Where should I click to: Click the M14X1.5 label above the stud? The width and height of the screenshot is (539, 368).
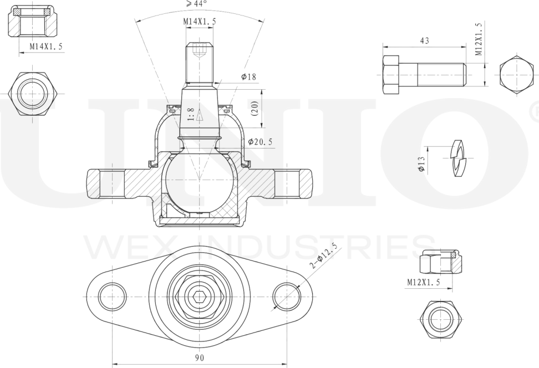click(200, 21)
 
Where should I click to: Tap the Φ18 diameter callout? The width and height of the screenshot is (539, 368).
click(249, 76)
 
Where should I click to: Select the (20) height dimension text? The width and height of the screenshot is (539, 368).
click(255, 108)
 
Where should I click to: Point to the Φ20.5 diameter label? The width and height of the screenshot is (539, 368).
click(260, 141)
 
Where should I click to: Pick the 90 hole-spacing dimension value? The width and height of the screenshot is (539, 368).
click(200, 357)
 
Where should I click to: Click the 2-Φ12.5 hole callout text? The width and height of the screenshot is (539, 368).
click(323, 255)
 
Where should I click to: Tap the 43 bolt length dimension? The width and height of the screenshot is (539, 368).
click(425, 40)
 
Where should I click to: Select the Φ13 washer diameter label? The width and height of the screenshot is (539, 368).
click(421, 164)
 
